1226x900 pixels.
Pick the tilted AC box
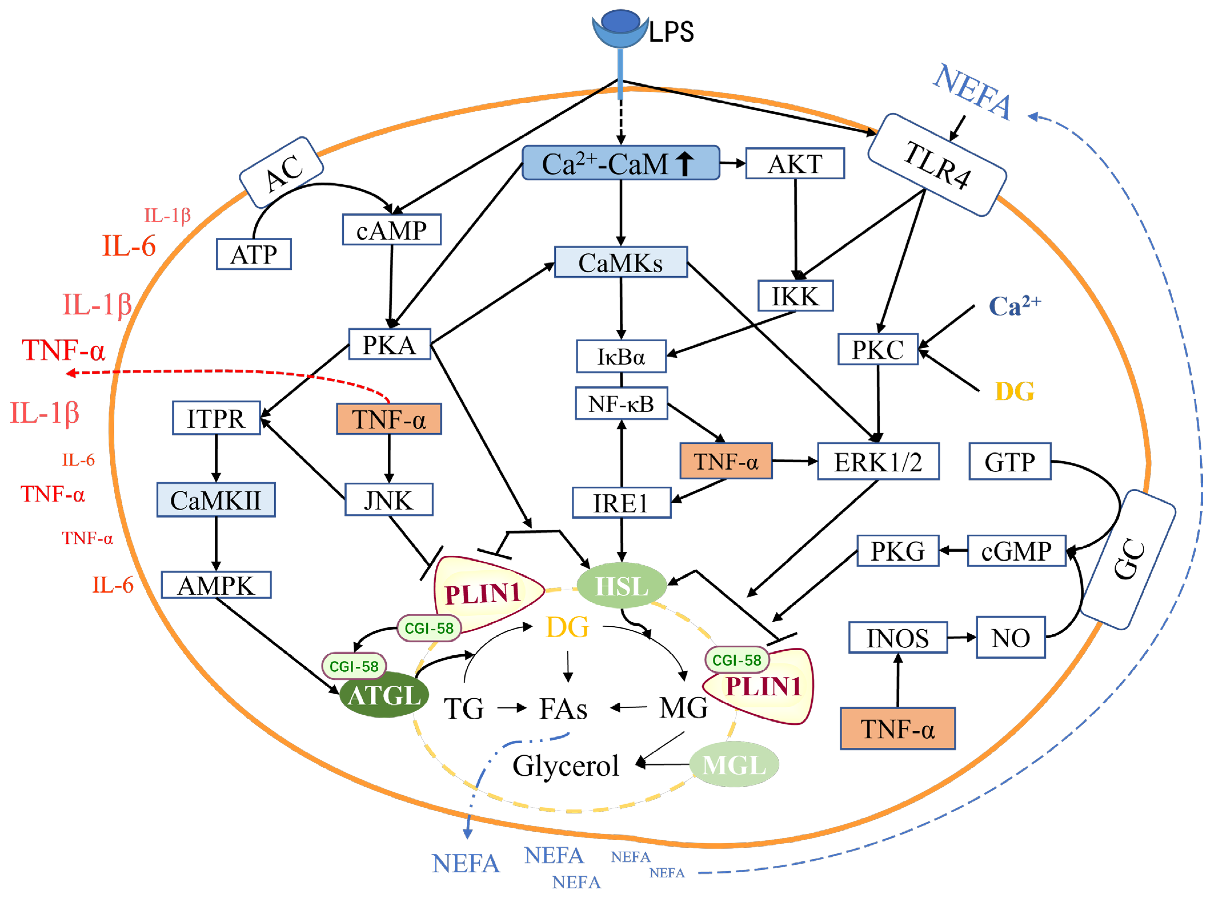281,172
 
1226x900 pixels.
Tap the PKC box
877,349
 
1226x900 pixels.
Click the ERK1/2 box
878,462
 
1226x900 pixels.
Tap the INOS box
897,637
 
